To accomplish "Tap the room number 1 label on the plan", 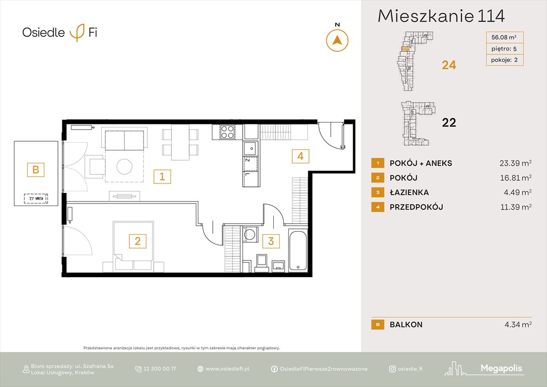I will [x=162, y=176].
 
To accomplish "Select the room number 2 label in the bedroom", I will [x=137, y=241].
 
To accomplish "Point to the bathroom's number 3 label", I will [x=271, y=241].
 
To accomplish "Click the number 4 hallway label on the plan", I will [x=300, y=156].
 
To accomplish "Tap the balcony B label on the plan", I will [x=36, y=169].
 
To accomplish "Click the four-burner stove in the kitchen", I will [x=227, y=132].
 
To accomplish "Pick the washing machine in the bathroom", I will [x=249, y=236].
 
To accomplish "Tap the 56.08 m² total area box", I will [x=503, y=37].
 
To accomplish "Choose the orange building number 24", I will [x=449, y=64].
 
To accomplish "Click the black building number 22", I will [x=449, y=122].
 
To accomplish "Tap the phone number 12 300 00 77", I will [x=160, y=369].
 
